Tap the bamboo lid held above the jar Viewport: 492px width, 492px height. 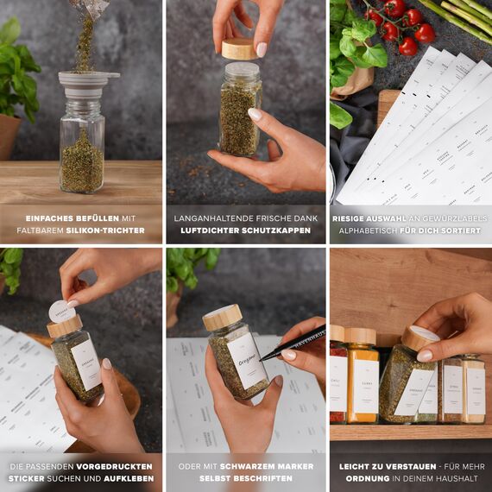(238, 48)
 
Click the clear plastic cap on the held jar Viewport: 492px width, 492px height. (241, 71)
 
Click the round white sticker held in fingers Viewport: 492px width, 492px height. (61, 312)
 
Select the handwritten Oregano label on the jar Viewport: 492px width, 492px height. (245, 361)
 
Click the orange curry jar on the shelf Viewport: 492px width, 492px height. (363, 384)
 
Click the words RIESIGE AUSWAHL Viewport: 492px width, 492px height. (371, 218)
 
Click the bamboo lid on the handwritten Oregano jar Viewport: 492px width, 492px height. (223, 317)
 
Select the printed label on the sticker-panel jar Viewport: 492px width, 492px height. (86, 365)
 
